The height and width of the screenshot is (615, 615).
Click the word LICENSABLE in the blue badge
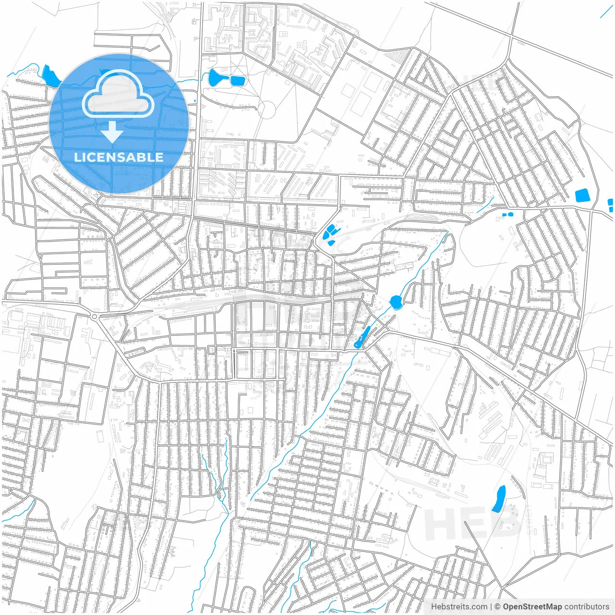(x=119, y=157)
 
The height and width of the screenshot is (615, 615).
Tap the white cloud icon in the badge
(x=118, y=94)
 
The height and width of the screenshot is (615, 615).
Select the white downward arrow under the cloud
(x=112, y=132)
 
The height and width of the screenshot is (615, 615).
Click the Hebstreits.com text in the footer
(x=459, y=607)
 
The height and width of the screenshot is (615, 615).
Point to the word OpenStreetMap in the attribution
(x=532, y=607)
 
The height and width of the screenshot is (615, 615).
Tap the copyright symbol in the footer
(x=498, y=607)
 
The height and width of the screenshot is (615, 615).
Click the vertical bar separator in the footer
(x=491, y=607)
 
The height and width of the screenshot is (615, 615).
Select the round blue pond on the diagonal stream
(x=396, y=302)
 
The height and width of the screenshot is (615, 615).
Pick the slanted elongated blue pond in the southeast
(x=499, y=498)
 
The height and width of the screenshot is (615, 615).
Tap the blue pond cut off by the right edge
(x=611, y=205)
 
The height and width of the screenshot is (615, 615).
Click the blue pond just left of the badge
(x=49, y=75)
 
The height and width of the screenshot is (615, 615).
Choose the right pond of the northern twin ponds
(x=237, y=80)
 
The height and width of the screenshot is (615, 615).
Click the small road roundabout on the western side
(x=94, y=317)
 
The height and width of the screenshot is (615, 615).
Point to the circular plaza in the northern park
(x=268, y=110)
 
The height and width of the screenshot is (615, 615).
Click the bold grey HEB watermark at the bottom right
(x=473, y=523)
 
